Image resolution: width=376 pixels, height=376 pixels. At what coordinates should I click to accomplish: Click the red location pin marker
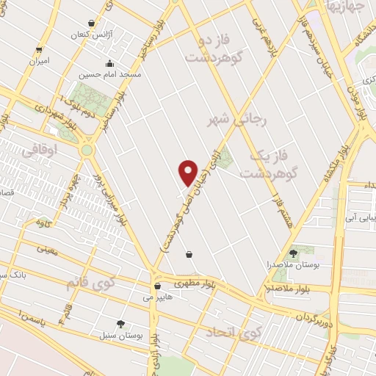pos(189,171)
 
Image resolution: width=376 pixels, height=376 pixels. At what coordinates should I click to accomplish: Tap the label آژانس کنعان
pos(89,35)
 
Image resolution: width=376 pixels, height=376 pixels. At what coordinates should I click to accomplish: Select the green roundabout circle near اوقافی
pos(88,150)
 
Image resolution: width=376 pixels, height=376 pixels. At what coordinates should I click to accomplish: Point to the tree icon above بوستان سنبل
pos(120,323)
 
